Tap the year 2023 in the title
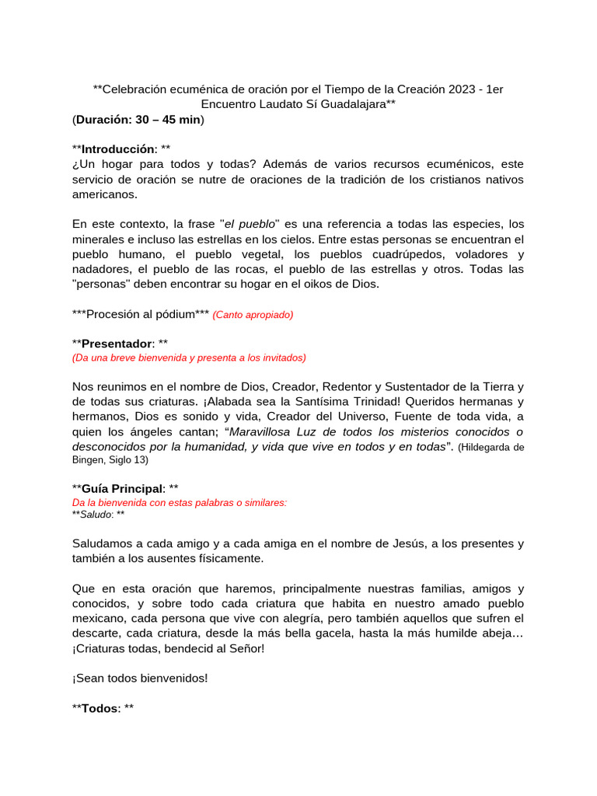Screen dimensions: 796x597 pos(462,89)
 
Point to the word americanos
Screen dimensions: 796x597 pos(104,194)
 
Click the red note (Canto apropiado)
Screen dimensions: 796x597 pos(253,315)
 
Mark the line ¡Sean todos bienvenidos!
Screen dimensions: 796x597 pos(140,678)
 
